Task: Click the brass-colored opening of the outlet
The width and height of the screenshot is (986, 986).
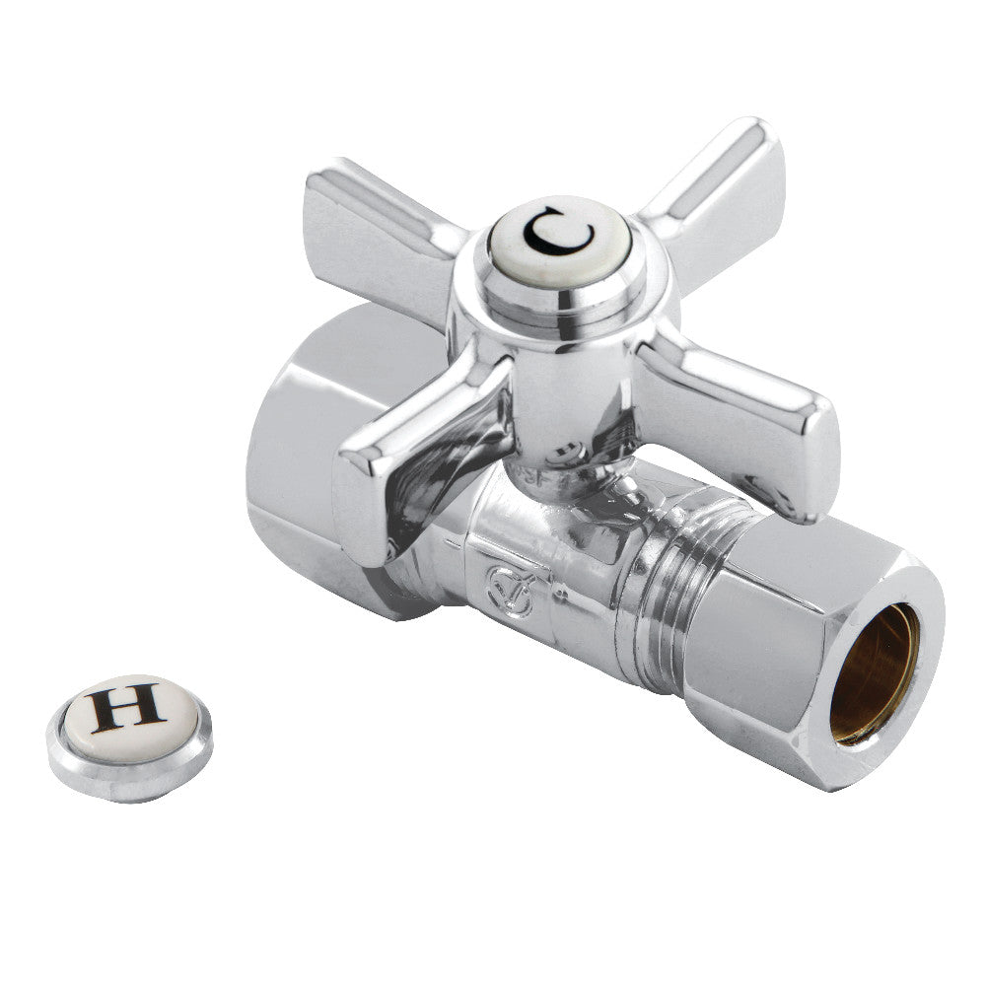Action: click(x=873, y=670)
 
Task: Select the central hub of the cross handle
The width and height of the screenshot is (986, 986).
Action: click(x=562, y=365)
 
